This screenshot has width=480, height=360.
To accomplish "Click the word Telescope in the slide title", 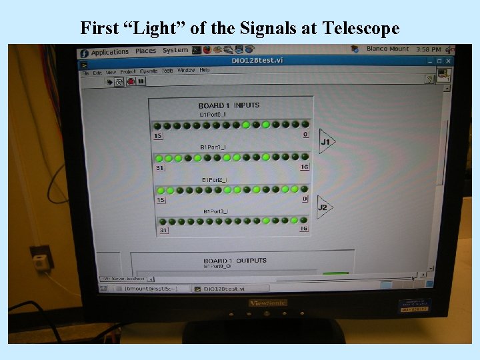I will click(361, 28).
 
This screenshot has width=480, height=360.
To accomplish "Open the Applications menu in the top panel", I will click(109, 52).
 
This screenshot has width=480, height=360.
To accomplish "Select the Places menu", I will click(145, 51).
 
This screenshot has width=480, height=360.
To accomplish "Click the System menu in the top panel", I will click(175, 50).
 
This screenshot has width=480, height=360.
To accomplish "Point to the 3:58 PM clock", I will click(428, 49).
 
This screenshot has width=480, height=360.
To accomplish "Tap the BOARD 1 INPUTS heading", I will click(229, 105).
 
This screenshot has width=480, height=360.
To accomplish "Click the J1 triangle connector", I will click(325, 141).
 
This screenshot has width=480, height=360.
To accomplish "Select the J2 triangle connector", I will click(323, 207).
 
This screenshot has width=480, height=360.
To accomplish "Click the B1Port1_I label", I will click(214, 147).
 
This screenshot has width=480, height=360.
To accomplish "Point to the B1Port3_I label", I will click(215, 211).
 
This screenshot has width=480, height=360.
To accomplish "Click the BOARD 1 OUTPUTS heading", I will click(235, 261).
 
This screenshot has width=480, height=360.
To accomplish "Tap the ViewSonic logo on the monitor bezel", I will click(268, 303).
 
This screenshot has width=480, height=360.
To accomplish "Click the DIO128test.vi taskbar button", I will click(219, 289).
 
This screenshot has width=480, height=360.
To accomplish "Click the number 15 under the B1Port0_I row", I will click(158, 136).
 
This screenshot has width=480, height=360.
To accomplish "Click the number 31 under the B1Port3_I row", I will click(163, 231).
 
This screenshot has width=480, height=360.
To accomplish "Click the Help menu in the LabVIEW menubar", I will click(205, 70).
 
